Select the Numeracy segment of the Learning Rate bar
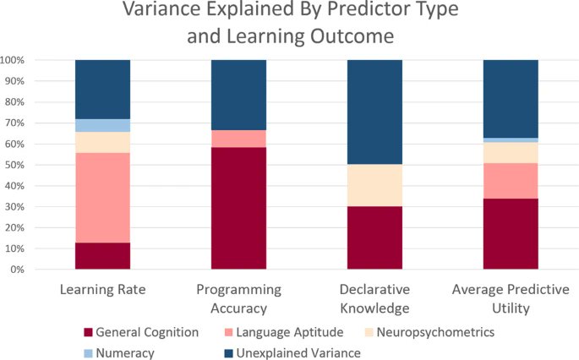pos(102,125)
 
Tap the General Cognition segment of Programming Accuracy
pos(238,208)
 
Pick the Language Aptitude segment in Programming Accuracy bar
pos(238,139)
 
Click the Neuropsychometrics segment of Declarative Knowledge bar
pos(374,185)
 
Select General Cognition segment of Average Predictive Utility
pos(511,234)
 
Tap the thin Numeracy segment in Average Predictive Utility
pos(511,139)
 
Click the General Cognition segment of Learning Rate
pos(102,256)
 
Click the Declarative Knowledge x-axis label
pos(374,299)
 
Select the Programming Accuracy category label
pos(238,299)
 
